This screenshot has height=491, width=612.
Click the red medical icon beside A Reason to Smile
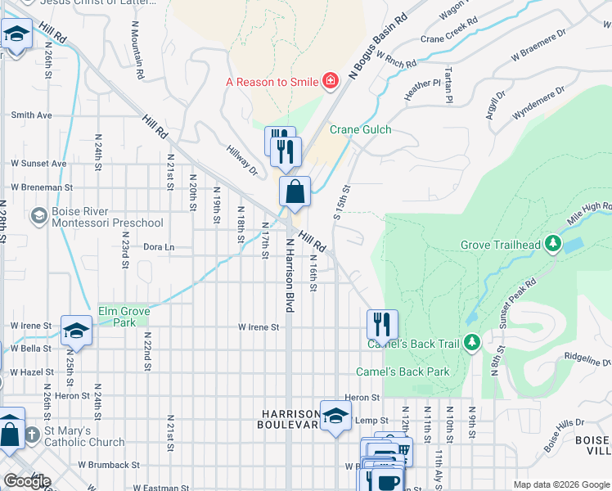[x=330, y=80]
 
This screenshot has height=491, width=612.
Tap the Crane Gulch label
[x=360, y=129]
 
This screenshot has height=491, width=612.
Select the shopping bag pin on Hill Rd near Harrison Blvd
[x=295, y=192]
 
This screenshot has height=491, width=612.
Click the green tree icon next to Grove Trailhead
[x=553, y=244]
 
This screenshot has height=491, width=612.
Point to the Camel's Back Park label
[x=403, y=372]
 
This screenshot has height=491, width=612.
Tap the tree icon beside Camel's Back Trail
[x=471, y=342]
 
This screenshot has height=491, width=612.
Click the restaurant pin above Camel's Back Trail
[x=382, y=324]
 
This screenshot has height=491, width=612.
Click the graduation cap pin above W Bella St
[x=76, y=330]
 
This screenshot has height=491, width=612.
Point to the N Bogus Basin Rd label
[x=377, y=47]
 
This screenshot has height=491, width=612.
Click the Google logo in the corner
[x=27, y=481]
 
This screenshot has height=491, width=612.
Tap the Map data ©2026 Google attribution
[x=560, y=484]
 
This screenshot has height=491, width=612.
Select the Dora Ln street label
[x=159, y=246]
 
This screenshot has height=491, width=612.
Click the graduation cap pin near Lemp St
[x=335, y=416]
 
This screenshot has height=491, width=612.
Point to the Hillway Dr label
[x=242, y=160]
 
